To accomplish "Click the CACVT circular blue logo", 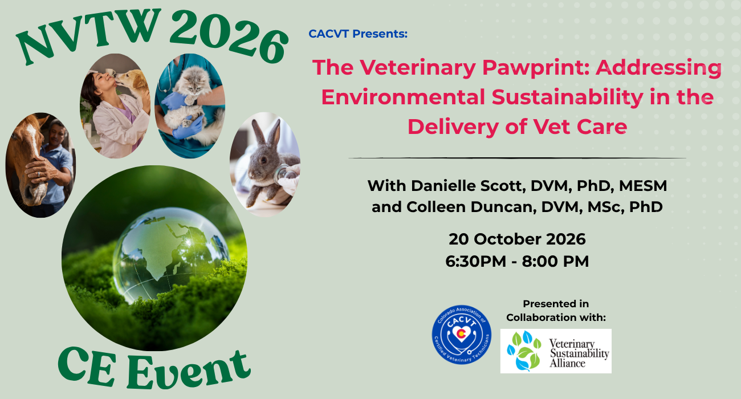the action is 462,335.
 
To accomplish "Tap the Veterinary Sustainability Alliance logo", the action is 556,351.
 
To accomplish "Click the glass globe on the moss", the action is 170,255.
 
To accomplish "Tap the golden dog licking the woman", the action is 132,83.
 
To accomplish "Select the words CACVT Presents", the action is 358,34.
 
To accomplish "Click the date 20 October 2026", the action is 517,239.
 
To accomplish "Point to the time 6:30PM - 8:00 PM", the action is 517,262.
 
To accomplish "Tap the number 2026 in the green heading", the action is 229,36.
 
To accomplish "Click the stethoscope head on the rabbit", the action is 284,174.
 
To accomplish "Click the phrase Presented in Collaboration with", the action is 556,311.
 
